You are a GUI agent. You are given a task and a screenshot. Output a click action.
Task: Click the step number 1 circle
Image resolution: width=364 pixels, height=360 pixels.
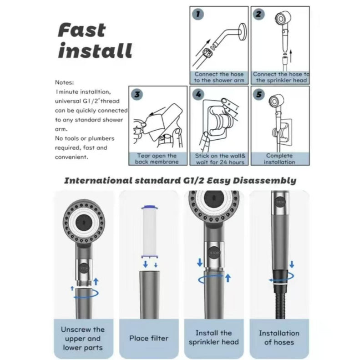[x=198, y=14]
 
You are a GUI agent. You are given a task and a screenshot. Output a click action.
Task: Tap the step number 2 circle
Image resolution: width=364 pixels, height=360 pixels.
[x=258, y=14]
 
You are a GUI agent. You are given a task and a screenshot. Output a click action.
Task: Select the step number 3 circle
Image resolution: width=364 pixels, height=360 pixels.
[x=137, y=95]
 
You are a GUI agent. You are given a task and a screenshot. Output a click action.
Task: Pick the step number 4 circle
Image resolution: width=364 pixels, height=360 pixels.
[x=198, y=95]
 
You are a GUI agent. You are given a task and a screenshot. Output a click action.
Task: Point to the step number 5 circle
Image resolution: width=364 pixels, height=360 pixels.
[x=259, y=95]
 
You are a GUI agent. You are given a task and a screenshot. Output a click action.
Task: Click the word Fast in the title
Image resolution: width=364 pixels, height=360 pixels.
[x=82, y=30]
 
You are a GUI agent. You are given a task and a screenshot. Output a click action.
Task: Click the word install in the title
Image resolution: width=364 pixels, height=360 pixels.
[x=95, y=50]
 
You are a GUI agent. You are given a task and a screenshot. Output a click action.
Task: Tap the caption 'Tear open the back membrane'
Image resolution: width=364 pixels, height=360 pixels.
[x=157, y=159]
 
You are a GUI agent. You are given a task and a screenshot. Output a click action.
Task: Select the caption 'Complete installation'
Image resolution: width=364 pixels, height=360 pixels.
[x=279, y=159]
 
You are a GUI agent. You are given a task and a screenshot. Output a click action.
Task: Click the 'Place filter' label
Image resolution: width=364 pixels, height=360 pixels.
[x=149, y=338]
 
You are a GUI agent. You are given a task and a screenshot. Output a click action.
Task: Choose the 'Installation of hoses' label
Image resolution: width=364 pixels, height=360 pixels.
[x=279, y=338]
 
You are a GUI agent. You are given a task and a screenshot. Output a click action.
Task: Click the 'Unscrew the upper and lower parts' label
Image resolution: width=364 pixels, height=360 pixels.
[x=83, y=339]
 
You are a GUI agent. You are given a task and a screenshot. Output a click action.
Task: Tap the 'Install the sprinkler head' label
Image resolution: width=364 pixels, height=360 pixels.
[x=214, y=337]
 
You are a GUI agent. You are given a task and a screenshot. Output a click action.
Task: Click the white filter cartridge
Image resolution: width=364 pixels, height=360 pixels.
[x=150, y=232]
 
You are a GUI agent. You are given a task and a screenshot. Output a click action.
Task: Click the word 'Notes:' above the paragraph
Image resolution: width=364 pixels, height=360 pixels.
[x=64, y=82]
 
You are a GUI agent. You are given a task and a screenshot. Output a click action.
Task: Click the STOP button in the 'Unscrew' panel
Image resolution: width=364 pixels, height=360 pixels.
[x=84, y=269]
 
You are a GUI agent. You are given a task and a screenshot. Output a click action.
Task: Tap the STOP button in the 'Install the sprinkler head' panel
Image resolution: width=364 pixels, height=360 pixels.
[x=213, y=253]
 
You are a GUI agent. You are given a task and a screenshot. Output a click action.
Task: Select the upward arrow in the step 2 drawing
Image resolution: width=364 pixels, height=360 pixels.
[x=290, y=56]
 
